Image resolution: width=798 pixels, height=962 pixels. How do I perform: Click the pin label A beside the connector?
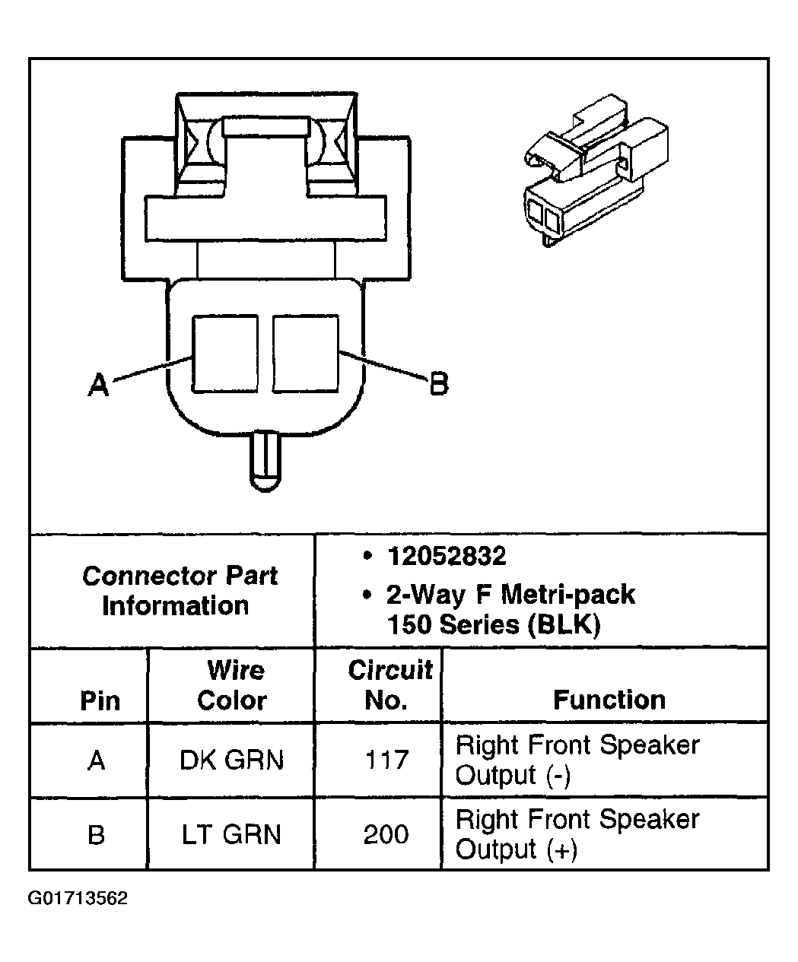point(98,385)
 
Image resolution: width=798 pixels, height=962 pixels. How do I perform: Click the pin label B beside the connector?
point(439,383)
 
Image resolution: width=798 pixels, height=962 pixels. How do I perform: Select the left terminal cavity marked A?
point(225,354)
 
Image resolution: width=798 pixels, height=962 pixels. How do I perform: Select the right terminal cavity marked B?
point(305,354)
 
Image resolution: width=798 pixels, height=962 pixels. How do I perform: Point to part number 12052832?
point(447,557)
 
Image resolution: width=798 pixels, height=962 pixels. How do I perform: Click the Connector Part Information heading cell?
point(179,590)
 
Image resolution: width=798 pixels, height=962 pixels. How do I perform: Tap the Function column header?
point(609,699)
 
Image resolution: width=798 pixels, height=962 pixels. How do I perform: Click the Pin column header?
point(100,700)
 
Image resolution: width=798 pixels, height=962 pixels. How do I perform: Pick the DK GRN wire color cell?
point(231,760)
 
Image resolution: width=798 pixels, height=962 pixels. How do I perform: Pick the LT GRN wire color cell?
point(231,834)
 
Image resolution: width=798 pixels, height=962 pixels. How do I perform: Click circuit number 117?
point(386,760)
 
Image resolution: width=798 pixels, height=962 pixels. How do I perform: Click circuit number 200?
point(386,834)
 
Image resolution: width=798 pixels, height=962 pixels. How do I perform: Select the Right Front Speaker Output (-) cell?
point(577,760)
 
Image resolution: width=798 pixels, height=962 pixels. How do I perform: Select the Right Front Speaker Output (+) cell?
point(577,833)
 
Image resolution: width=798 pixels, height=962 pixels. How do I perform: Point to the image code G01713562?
point(78,898)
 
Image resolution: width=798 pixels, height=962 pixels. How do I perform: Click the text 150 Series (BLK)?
point(494,625)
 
